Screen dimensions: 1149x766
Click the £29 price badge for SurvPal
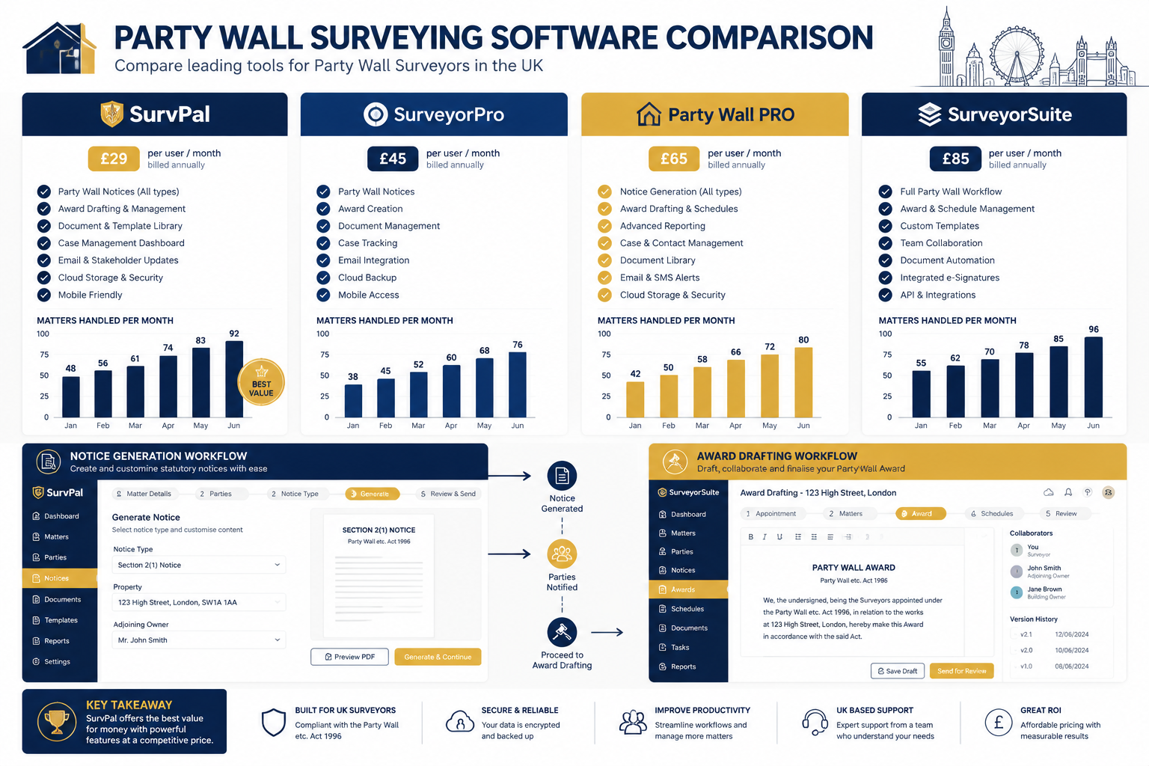pyautogui.click(x=114, y=159)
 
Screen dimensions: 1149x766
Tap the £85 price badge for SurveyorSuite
pyautogui.click(x=955, y=159)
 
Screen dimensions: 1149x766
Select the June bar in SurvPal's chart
pyautogui.click(x=234, y=379)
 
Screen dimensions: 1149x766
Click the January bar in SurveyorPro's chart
pyautogui.click(x=353, y=401)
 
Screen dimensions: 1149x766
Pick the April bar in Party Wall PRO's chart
pyautogui.click(x=735, y=388)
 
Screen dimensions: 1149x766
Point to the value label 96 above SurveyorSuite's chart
pyautogui.click(x=1094, y=329)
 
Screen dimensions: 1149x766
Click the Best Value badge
pyautogui.click(x=261, y=382)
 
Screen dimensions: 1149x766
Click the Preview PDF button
pyautogui.click(x=349, y=657)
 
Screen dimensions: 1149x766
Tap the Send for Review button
pyautogui.click(x=961, y=671)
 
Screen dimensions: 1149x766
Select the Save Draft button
pyautogui.click(x=897, y=671)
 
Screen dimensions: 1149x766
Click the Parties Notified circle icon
pyautogui.click(x=562, y=554)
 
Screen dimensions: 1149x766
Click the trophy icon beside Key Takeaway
pyautogui.click(x=56, y=721)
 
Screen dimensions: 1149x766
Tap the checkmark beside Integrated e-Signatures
pyautogui.click(x=885, y=278)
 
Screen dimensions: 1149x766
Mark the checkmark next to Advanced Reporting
pyautogui.click(x=604, y=226)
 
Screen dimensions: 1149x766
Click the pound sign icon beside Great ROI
pyautogui.click(x=998, y=723)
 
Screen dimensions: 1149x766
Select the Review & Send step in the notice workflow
pyautogui.click(x=448, y=494)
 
